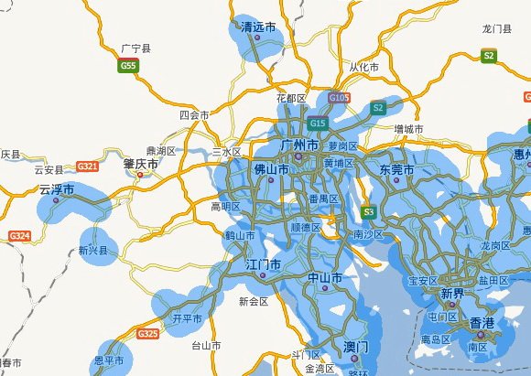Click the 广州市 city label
pyautogui.click(x=299, y=145)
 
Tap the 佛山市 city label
pyautogui.click(x=271, y=169)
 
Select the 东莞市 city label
pyautogui.click(x=396, y=170)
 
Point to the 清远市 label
pyautogui.click(x=257, y=27)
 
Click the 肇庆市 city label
pyautogui.click(x=140, y=165)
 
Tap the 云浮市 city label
pyautogui.click(x=57, y=190)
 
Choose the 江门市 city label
pyautogui.click(x=263, y=264)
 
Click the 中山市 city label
pyautogui.click(x=325, y=277)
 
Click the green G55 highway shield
pyautogui.click(x=128, y=66)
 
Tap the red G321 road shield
pyautogui.click(x=88, y=167)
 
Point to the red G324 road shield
pyautogui.click(x=19, y=236)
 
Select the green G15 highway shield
pyautogui.click(x=318, y=124)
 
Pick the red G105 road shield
pyautogui.click(x=339, y=97)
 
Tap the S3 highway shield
pyautogui.click(x=369, y=212)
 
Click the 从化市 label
pyautogui.click(x=363, y=68)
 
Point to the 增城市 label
pyautogui.click(x=408, y=129)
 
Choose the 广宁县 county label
pyautogui.click(x=135, y=47)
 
